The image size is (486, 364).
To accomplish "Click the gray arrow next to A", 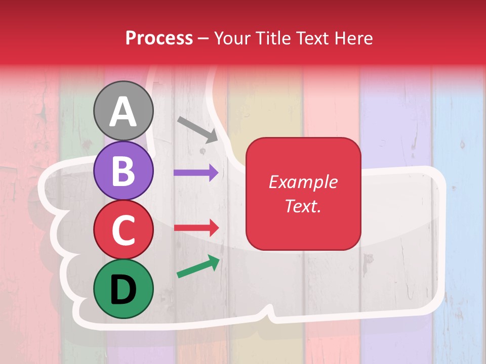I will (x=197, y=129).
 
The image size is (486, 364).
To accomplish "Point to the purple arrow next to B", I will (x=196, y=172).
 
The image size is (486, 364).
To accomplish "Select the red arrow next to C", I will (x=196, y=227).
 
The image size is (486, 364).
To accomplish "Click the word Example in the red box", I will (x=303, y=182).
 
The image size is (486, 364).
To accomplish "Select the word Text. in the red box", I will (x=303, y=206).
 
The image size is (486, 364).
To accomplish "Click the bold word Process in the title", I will (x=159, y=38).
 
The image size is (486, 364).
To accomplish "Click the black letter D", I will (x=124, y=289).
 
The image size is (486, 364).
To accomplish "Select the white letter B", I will (x=124, y=171).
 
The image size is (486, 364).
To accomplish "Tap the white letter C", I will (x=124, y=230).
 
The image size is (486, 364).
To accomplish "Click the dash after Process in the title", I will (x=204, y=38).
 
